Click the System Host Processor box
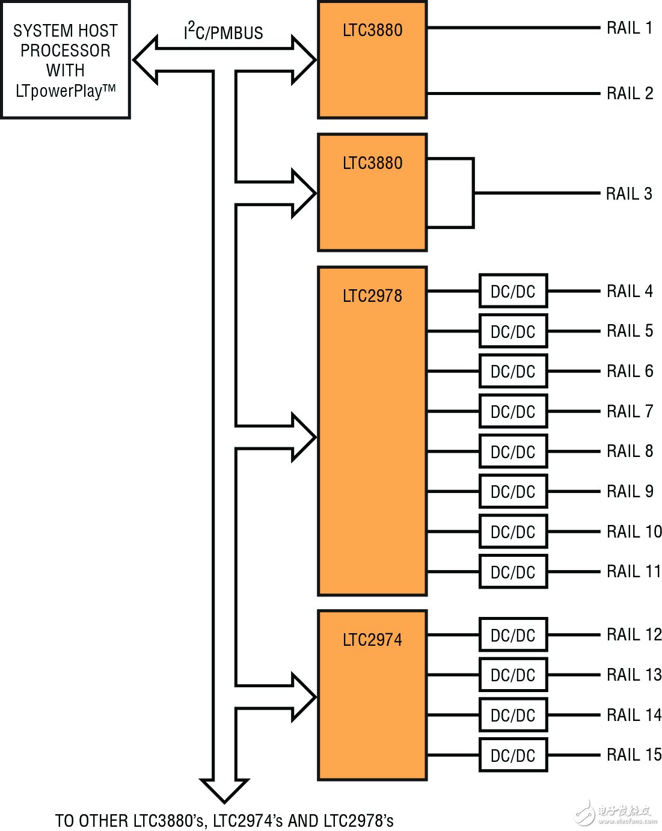pos(66,60)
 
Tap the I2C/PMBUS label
pos(224,32)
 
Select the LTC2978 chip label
pos(372,296)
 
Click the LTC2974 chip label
pos(372,640)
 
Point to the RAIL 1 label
pos(630,28)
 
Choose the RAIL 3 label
pos(629,194)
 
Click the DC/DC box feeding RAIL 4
pos(513,292)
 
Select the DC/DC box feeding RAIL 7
pos(513,412)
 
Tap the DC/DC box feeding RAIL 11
pos(513,572)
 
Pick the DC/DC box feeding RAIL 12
pos(513,635)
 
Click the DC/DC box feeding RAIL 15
pos(513,755)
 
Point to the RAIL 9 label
pos(630,492)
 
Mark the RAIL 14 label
pos(634,715)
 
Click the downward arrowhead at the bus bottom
pos(224,790)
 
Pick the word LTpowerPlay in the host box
pos(59,91)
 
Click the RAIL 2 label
pos(630,94)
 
